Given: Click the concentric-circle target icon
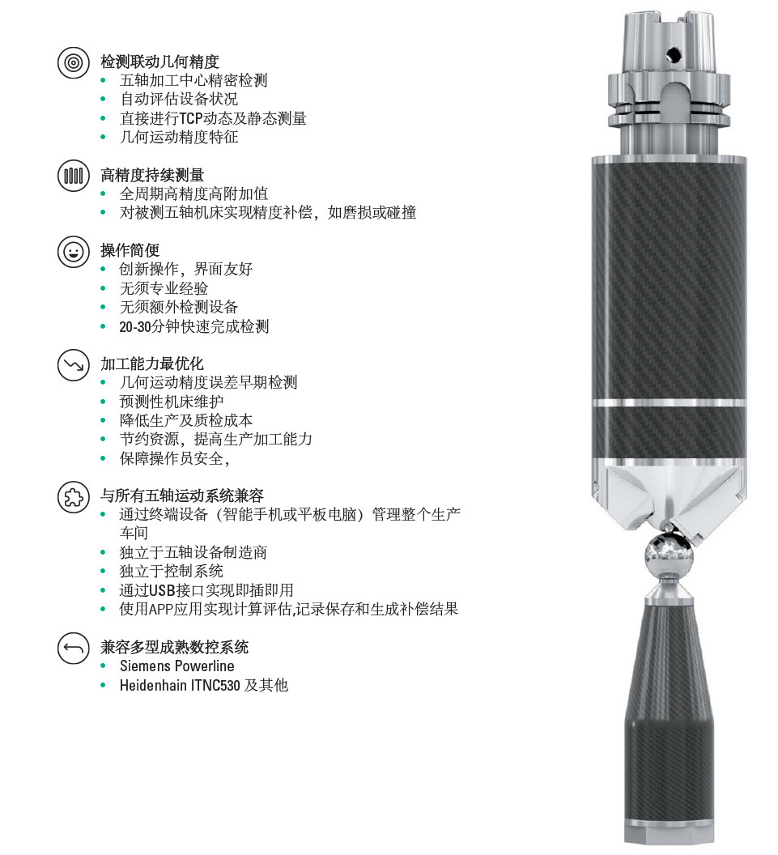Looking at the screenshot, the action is click(74, 62).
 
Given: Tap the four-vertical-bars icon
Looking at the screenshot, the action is click(74, 176).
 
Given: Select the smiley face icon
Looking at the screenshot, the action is click(74, 251).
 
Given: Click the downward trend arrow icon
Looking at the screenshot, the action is click(74, 365).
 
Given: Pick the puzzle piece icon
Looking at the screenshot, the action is click(74, 496).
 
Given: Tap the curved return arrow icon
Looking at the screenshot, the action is click(74, 648).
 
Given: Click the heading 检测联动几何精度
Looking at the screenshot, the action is click(159, 62).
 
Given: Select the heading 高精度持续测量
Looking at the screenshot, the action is click(152, 175).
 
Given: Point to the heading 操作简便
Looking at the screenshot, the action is click(130, 250).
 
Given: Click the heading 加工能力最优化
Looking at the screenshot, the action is click(152, 364).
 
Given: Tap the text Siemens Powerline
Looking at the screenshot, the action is click(177, 666).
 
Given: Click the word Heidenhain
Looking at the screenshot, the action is click(153, 685).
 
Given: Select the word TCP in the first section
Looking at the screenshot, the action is click(191, 118).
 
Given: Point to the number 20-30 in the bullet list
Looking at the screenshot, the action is click(134, 326).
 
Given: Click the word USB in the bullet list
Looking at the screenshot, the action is click(161, 590).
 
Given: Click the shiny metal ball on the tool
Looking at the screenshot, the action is click(669, 555).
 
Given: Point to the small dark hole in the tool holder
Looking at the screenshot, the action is click(674, 53).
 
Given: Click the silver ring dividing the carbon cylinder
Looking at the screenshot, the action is click(669, 403).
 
